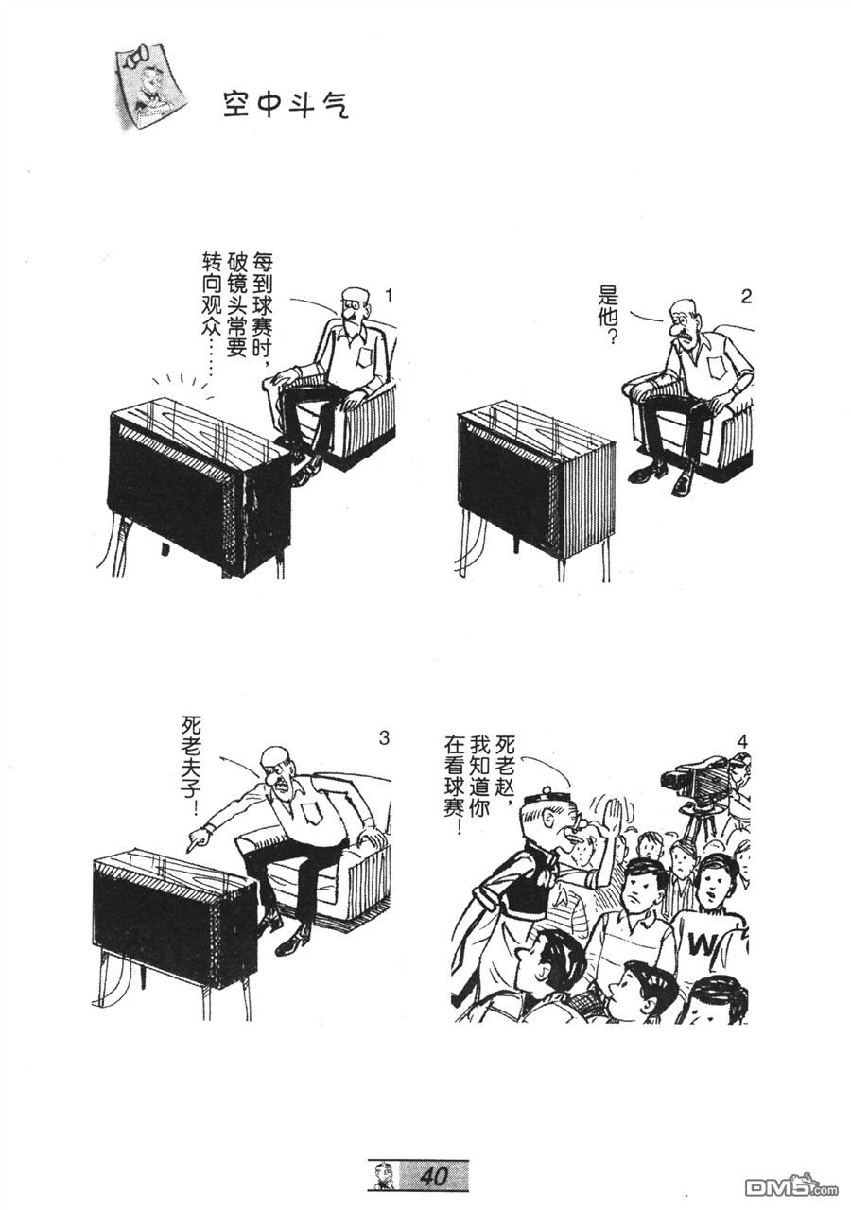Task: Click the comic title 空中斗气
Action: (286, 105)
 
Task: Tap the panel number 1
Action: (388, 296)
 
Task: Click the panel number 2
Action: (746, 297)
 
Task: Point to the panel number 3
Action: (384, 738)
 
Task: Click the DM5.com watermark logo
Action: (790, 1183)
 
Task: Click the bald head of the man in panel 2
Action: (680, 307)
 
